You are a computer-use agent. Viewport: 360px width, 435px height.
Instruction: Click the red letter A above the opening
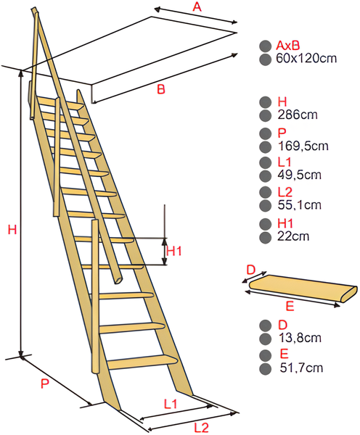point(196,7)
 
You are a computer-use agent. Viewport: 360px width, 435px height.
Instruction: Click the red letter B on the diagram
point(161,89)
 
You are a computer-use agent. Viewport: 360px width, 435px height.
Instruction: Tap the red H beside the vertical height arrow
point(12,230)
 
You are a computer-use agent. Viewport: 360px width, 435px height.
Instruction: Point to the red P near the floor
point(45,385)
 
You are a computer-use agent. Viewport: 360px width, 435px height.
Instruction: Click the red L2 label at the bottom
point(202,427)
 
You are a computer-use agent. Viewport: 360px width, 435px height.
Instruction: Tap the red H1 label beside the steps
point(175,251)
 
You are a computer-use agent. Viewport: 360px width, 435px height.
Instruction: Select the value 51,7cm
point(300,368)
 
